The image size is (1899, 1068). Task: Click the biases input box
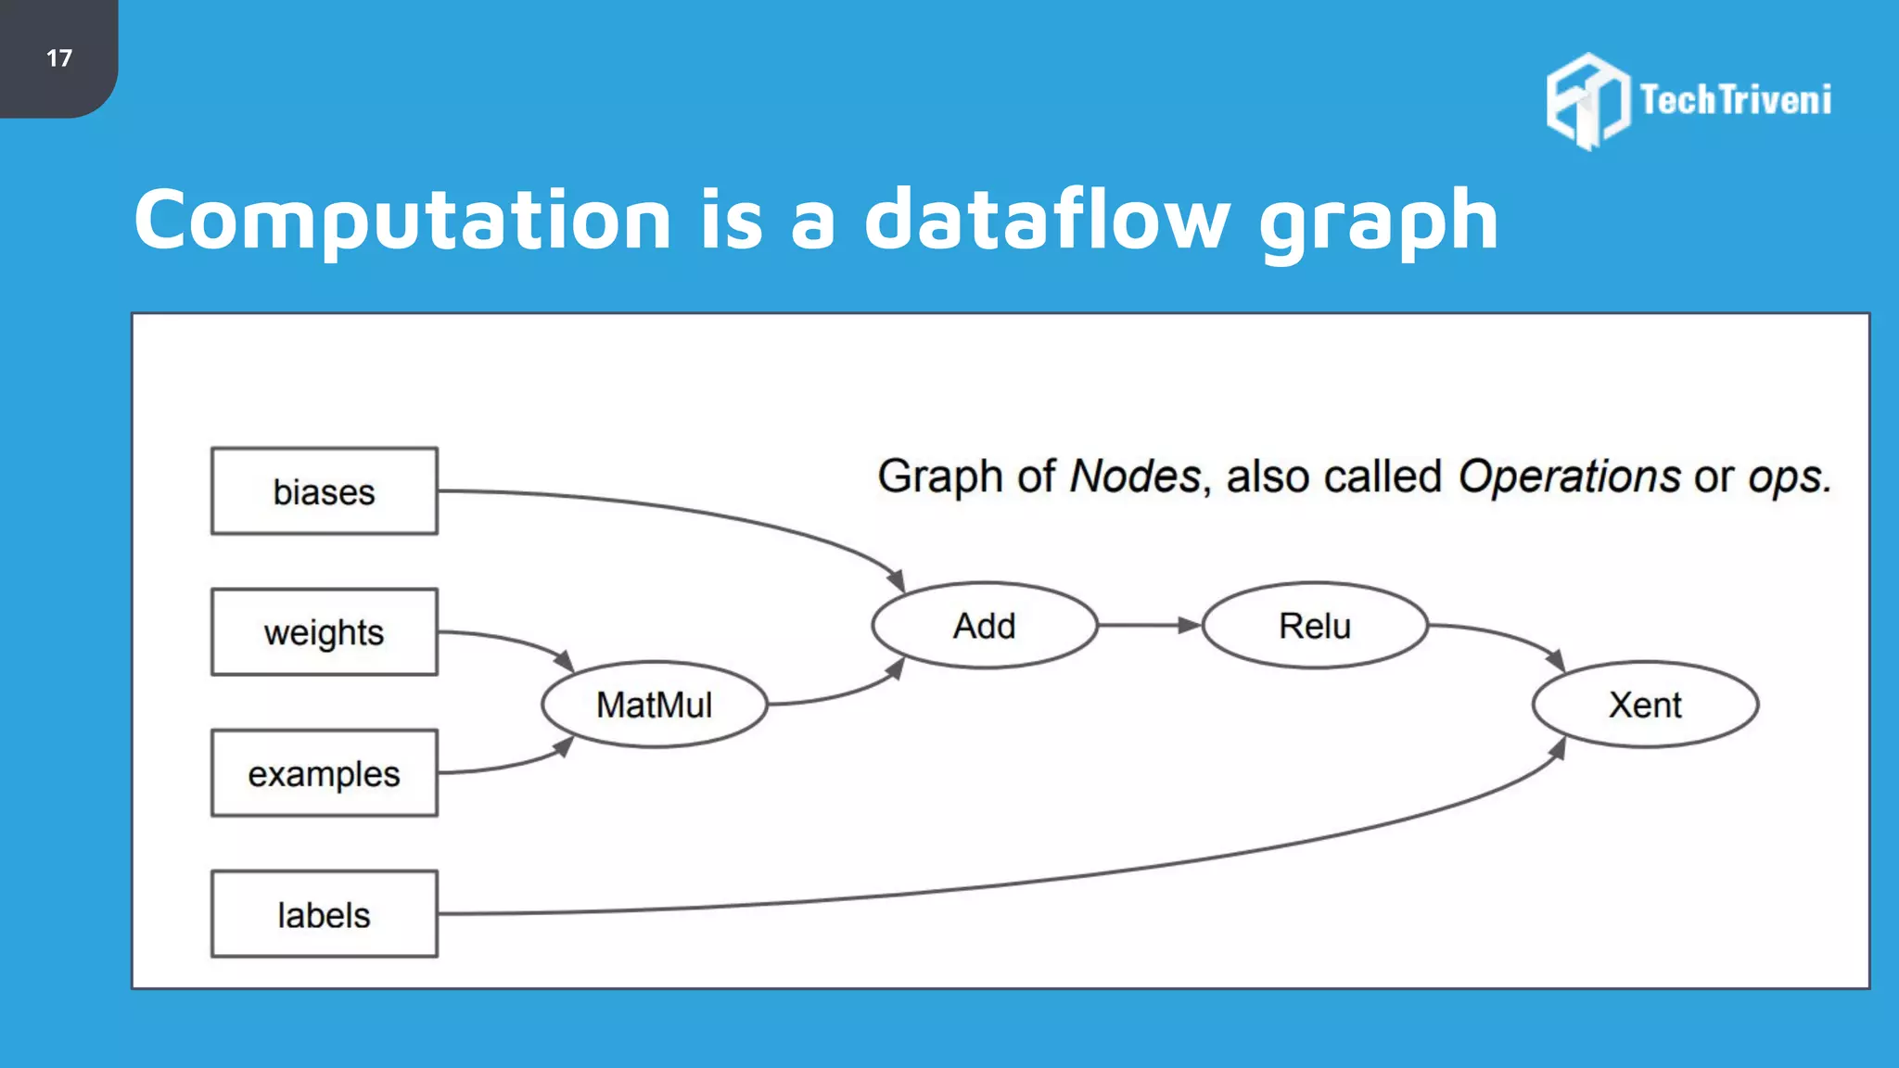click(324, 491)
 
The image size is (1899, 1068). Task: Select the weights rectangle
click(324, 632)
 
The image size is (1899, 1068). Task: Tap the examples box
click(324, 773)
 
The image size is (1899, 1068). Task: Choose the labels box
click(324, 914)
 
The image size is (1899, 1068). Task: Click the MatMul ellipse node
click(655, 705)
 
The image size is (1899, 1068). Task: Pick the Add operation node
click(985, 626)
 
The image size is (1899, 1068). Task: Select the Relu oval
click(1315, 626)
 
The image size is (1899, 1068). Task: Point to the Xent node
click(1645, 705)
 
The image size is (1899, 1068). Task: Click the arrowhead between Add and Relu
click(1189, 626)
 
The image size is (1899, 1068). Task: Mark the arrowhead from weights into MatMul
click(564, 661)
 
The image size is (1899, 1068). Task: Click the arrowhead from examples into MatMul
click(564, 746)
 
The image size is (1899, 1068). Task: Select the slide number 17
click(58, 58)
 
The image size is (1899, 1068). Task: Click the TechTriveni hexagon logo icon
click(1587, 100)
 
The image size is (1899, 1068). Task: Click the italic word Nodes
click(1135, 477)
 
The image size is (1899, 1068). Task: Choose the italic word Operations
click(1569, 477)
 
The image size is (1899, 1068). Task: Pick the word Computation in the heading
click(402, 220)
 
